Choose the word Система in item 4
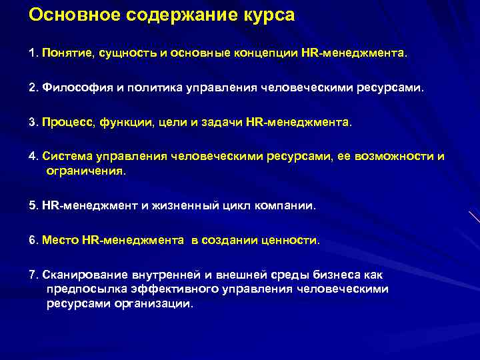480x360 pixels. (67, 157)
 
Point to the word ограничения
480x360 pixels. (85, 171)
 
